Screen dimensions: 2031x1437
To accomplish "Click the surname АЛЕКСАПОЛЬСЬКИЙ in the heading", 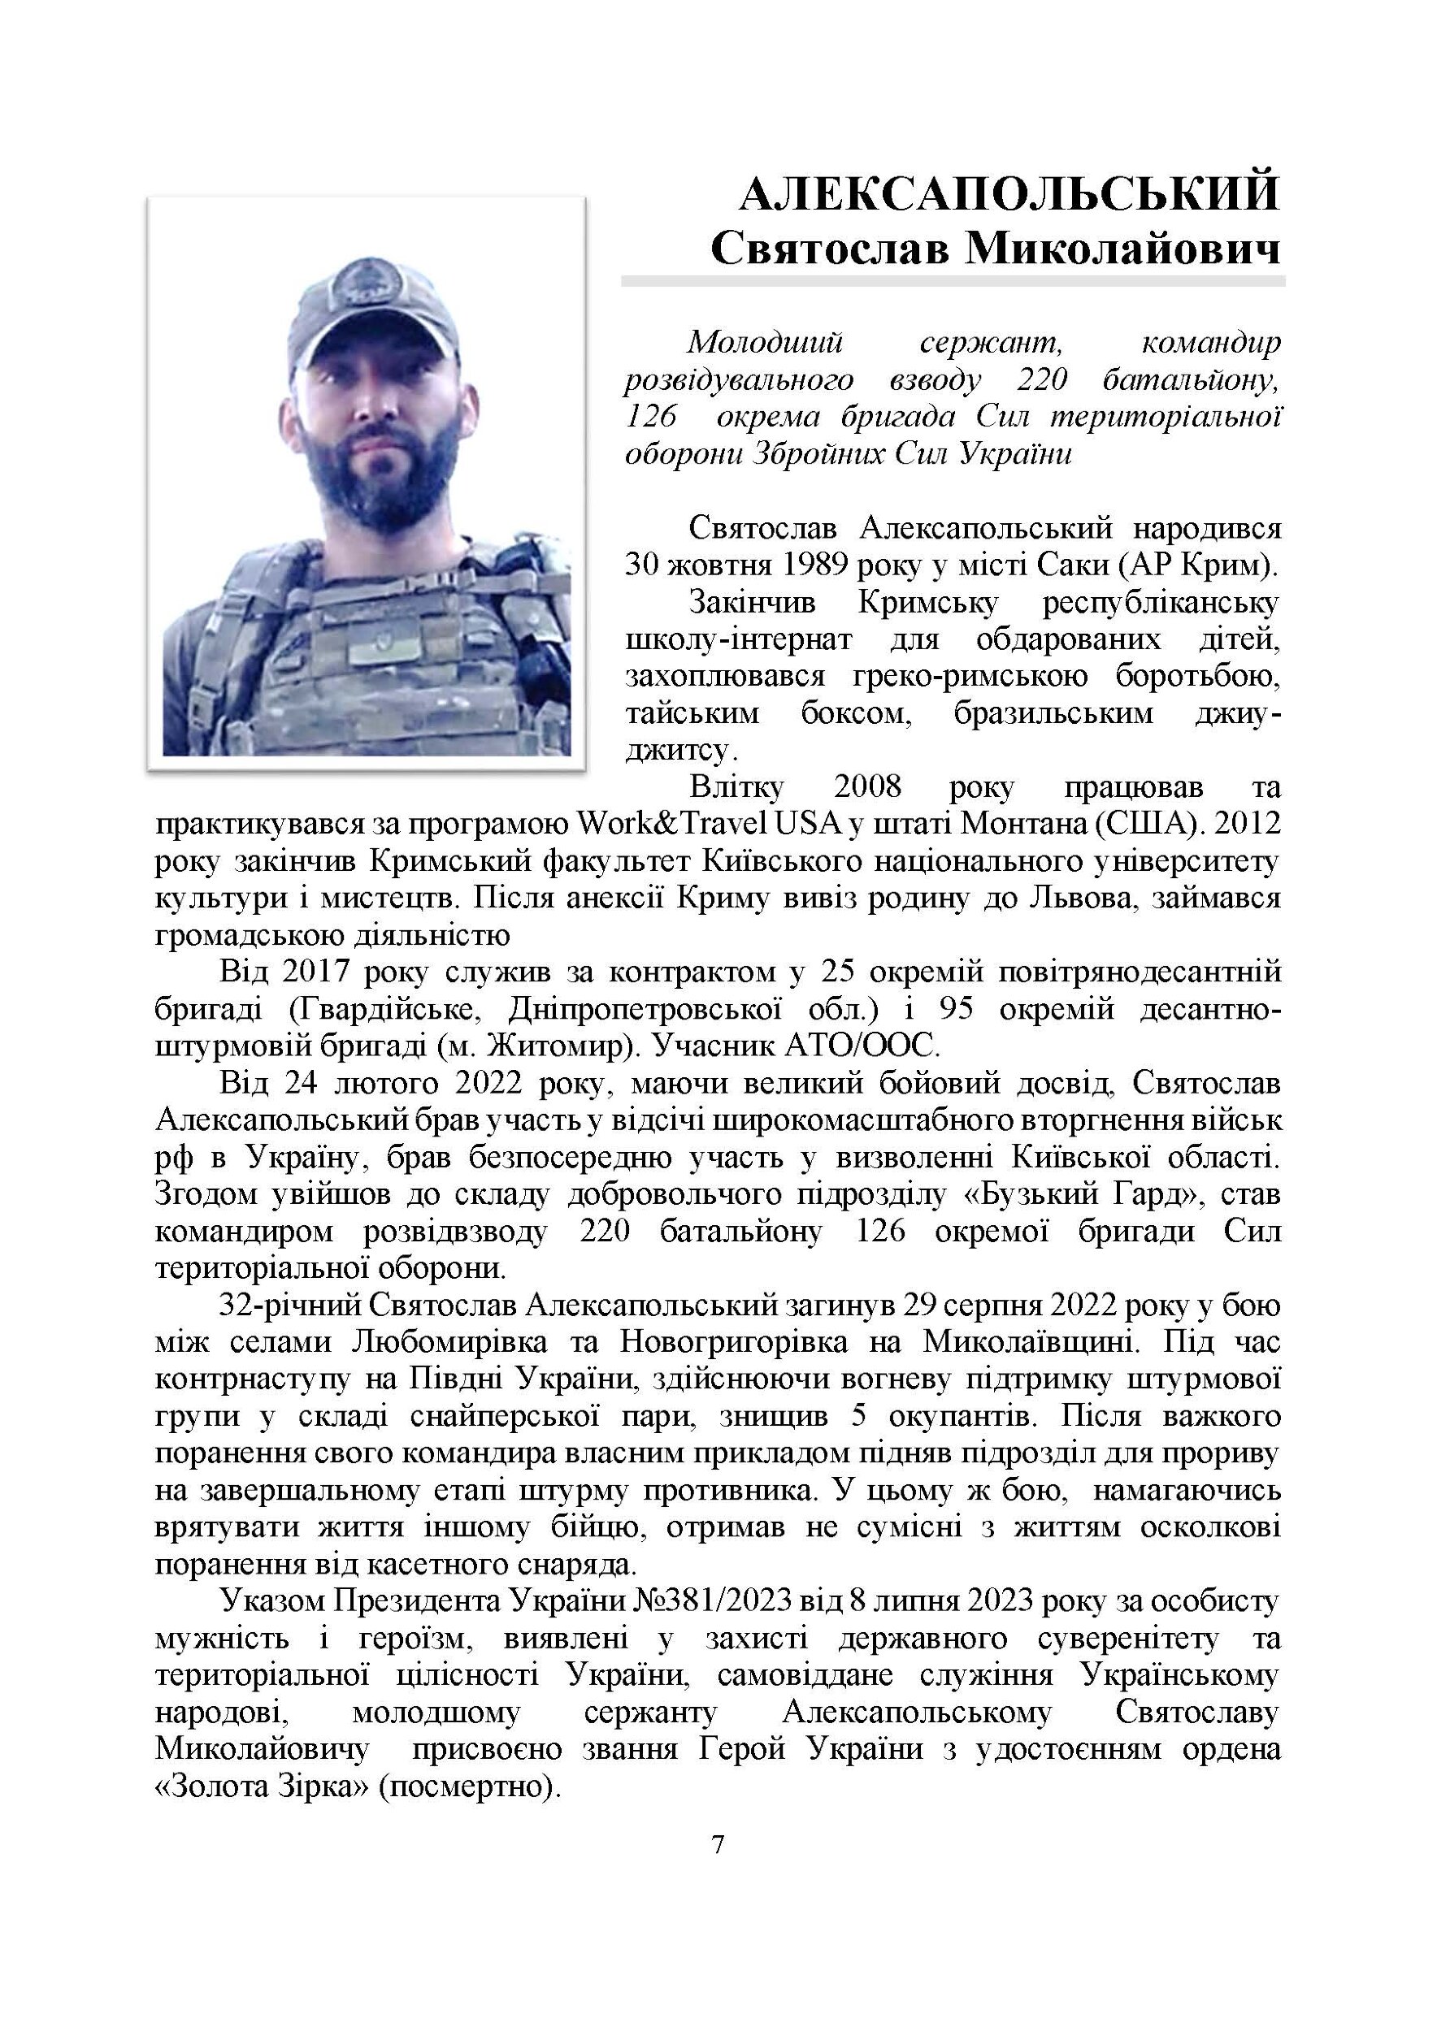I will (x=1009, y=193).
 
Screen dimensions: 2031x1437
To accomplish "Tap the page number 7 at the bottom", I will (x=718, y=1869).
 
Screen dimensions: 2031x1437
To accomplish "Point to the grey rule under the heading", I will (x=952, y=280).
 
